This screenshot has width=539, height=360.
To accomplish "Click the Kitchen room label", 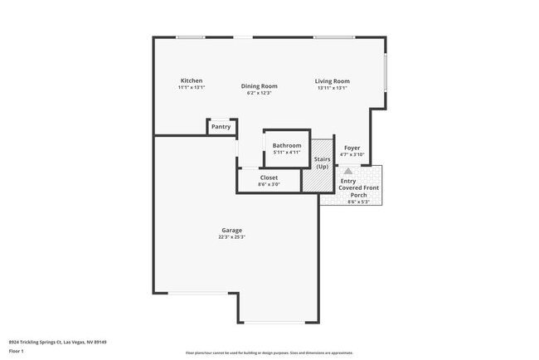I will click(x=191, y=80).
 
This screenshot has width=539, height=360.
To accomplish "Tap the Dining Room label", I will click(x=259, y=86).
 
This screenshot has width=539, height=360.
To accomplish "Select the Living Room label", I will click(x=331, y=80).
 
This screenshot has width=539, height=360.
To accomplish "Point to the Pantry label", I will click(x=221, y=127).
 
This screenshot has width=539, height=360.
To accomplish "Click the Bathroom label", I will click(x=287, y=146).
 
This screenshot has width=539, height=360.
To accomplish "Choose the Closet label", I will click(x=269, y=178).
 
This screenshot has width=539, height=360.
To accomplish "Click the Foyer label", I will click(x=352, y=148).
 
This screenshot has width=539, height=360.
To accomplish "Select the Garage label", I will click(x=231, y=230).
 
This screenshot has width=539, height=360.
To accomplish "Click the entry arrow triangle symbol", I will click(x=360, y=170).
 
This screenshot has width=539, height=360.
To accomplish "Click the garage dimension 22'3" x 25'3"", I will click(x=231, y=237).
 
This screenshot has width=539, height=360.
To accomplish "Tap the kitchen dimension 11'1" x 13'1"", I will click(x=191, y=87).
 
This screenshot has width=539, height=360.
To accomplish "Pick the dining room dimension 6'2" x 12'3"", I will click(x=259, y=93).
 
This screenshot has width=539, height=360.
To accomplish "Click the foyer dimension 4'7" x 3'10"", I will click(x=352, y=154).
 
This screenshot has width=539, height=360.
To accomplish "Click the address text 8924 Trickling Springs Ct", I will click(x=58, y=342).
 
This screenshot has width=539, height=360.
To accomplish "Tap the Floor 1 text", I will click(x=17, y=350).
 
